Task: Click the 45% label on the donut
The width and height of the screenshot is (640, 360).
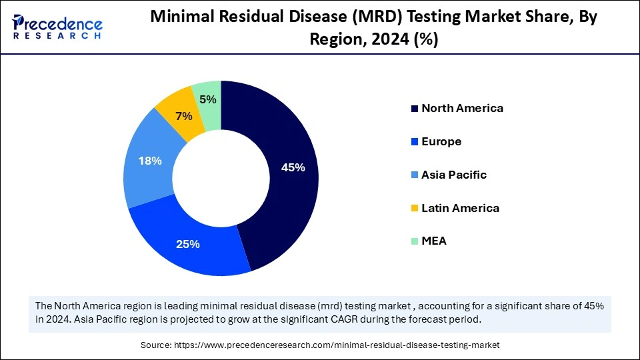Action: click(x=293, y=168)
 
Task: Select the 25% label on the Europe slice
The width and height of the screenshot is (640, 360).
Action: click(x=188, y=244)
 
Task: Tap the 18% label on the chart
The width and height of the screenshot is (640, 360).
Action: click(x=149, y=161)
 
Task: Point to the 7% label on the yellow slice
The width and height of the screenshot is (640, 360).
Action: click(x=183, y=116)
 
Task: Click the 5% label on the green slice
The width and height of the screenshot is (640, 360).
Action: click(x=207, y=100)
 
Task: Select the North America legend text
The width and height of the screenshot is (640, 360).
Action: click(x=462, y=108)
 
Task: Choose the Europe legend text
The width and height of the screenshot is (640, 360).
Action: click(x=441, y=141)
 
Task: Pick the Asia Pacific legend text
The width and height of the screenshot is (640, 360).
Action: click(x=454, y=175)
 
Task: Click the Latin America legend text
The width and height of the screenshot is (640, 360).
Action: click(x=460, y=208)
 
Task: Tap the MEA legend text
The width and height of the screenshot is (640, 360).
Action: click(x=434, y=241)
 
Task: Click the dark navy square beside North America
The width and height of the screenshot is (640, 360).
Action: click(x=415, y=109)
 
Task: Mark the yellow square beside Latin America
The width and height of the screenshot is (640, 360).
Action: click(x=415, y=209)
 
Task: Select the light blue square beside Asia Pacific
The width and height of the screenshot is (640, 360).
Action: click(x=415, y=175)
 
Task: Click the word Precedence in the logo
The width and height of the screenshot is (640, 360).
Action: click(x=63, y=24)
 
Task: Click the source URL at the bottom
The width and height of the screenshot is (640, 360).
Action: click(x=336, y=345)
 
